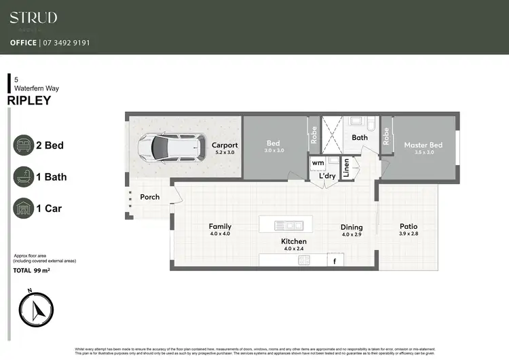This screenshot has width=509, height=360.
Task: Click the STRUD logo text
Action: coord(33,18)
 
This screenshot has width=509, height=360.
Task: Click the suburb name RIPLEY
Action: coord(29,100)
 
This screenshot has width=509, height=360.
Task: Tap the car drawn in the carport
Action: coord(170,145)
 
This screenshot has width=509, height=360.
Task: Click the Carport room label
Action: coord(225,145)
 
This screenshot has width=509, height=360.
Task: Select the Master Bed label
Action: coord(423,145)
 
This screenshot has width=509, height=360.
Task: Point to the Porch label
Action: coord(150,197)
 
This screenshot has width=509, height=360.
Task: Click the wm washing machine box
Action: coord(318,163)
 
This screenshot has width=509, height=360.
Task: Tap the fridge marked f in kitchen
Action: coord(334,260)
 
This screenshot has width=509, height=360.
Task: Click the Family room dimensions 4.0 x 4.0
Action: coord(220,234)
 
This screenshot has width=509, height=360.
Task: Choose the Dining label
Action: coord(352,228)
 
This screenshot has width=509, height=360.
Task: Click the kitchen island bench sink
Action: coord(285,225)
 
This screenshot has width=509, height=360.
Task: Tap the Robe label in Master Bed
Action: coord(385,137)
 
